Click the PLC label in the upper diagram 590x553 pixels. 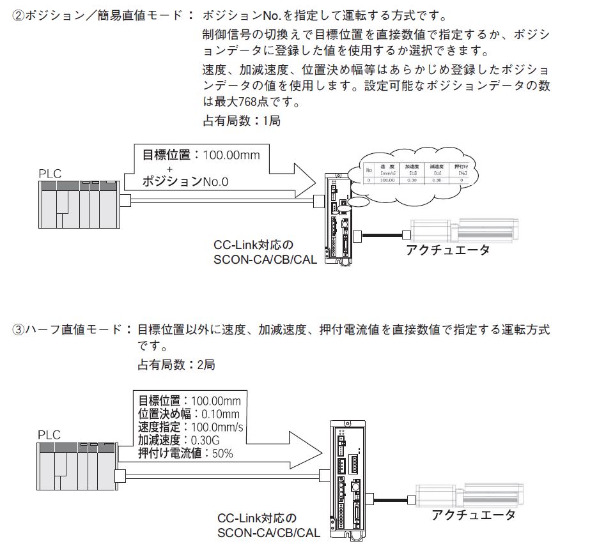tap(49, 172)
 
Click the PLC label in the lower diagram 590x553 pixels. tap(49, 435)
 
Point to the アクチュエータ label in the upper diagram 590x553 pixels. tap(447, 250)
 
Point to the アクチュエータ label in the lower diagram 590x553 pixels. tap(472, 515)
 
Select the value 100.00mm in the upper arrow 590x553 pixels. tap(231, 155)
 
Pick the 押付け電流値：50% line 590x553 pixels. tap(186, 453)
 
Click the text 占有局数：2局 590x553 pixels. tap(176, 365)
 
